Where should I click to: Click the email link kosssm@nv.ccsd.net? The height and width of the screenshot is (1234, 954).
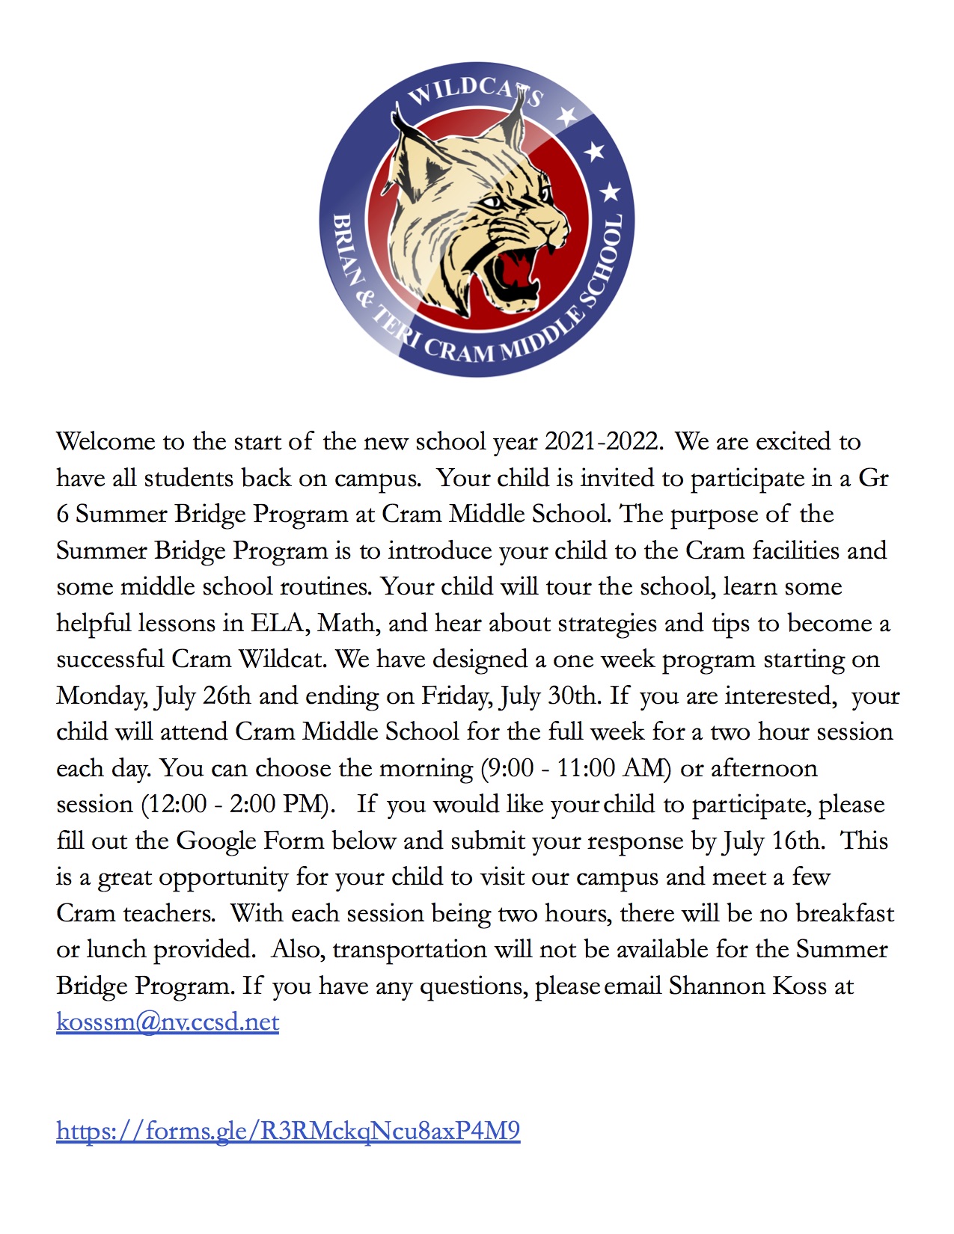[x=168, y=1022]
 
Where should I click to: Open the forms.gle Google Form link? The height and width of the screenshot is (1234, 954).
[x=288, y=1130]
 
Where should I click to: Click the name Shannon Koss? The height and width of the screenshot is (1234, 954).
[x=747, y=986]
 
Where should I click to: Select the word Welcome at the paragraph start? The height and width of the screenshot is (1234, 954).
[x=106, y=441]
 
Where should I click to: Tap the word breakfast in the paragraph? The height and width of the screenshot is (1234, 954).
[x=845, y=913]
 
